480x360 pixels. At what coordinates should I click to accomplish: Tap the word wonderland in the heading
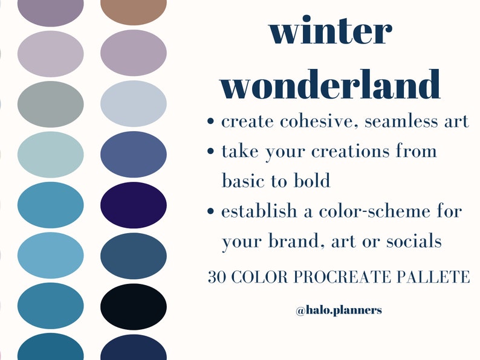tap(330, 84)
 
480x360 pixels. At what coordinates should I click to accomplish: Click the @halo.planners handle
tap(339, 310)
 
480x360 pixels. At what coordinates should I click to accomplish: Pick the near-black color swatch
tap(134, 306)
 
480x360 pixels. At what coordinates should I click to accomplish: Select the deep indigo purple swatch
tap(134, 205)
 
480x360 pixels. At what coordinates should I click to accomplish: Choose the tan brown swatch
tap(134, 10)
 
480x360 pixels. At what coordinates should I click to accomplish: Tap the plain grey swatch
tap(51, 103)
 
